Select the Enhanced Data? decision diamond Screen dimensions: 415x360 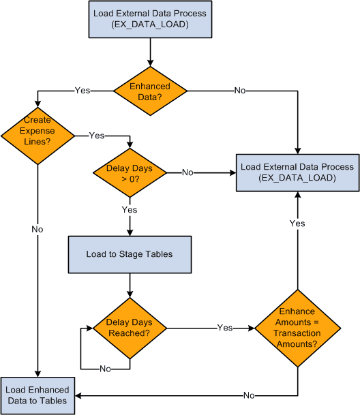(x=149, y=91)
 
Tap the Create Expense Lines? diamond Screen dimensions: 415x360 (x=37, y=129)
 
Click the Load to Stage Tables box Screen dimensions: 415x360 (x=130, y=253)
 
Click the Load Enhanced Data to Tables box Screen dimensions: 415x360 (x=37, y=395)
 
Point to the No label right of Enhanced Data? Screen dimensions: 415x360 (x=240, y=91)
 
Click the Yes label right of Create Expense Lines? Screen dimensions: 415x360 (x=96, y=136)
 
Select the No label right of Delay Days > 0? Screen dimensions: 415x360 (x=187, y=173)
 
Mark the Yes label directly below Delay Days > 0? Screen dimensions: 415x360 (x=130, y=210)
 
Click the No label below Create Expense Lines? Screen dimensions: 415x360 (x=37, y=230)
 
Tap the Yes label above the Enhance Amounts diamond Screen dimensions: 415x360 (x=297, y=224)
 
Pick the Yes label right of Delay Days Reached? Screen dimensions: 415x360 (x=225, y=328)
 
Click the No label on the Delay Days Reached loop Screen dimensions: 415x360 (x=105, y=369)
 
